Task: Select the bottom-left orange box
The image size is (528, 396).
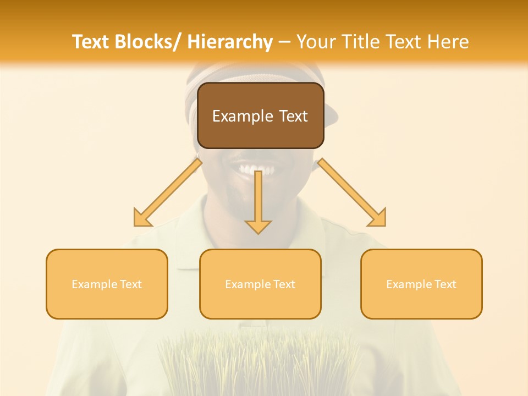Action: tap(107, 284)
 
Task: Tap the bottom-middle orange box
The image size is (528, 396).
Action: tap(260, 284)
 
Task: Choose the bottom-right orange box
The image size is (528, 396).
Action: tap(421, 284)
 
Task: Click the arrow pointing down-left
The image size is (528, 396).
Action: tap(168, 193)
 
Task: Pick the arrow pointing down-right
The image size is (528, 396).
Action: tap(352, 193)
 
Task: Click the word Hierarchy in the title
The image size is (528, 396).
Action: tap(230, 42)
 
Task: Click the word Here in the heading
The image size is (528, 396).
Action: tap(446, 42)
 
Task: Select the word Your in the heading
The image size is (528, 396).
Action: tap(316, 42)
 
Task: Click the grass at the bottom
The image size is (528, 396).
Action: tap(258, 363)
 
